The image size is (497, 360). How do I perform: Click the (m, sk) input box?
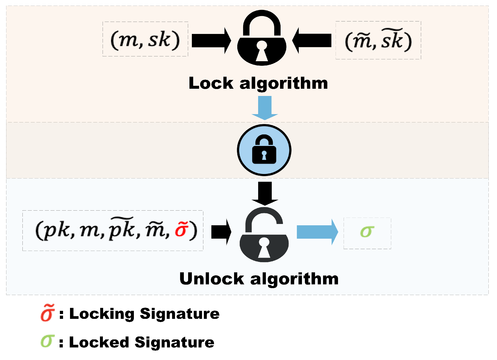[145, 39]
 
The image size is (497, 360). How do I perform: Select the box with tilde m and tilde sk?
[378, 40]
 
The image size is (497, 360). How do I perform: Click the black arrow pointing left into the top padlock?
[312, 41]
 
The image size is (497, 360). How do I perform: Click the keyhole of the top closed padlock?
[262, 51]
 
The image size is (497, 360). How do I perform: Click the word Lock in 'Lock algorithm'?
[211, 83]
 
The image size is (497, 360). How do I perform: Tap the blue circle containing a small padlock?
[264, 150]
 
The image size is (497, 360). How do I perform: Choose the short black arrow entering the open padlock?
[221, 232]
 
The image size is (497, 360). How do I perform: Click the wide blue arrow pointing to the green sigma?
[317, 232]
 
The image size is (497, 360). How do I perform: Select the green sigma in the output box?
[367, 232]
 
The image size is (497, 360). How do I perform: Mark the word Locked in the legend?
[99, 342]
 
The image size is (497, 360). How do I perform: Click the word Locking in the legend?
[102, 314]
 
